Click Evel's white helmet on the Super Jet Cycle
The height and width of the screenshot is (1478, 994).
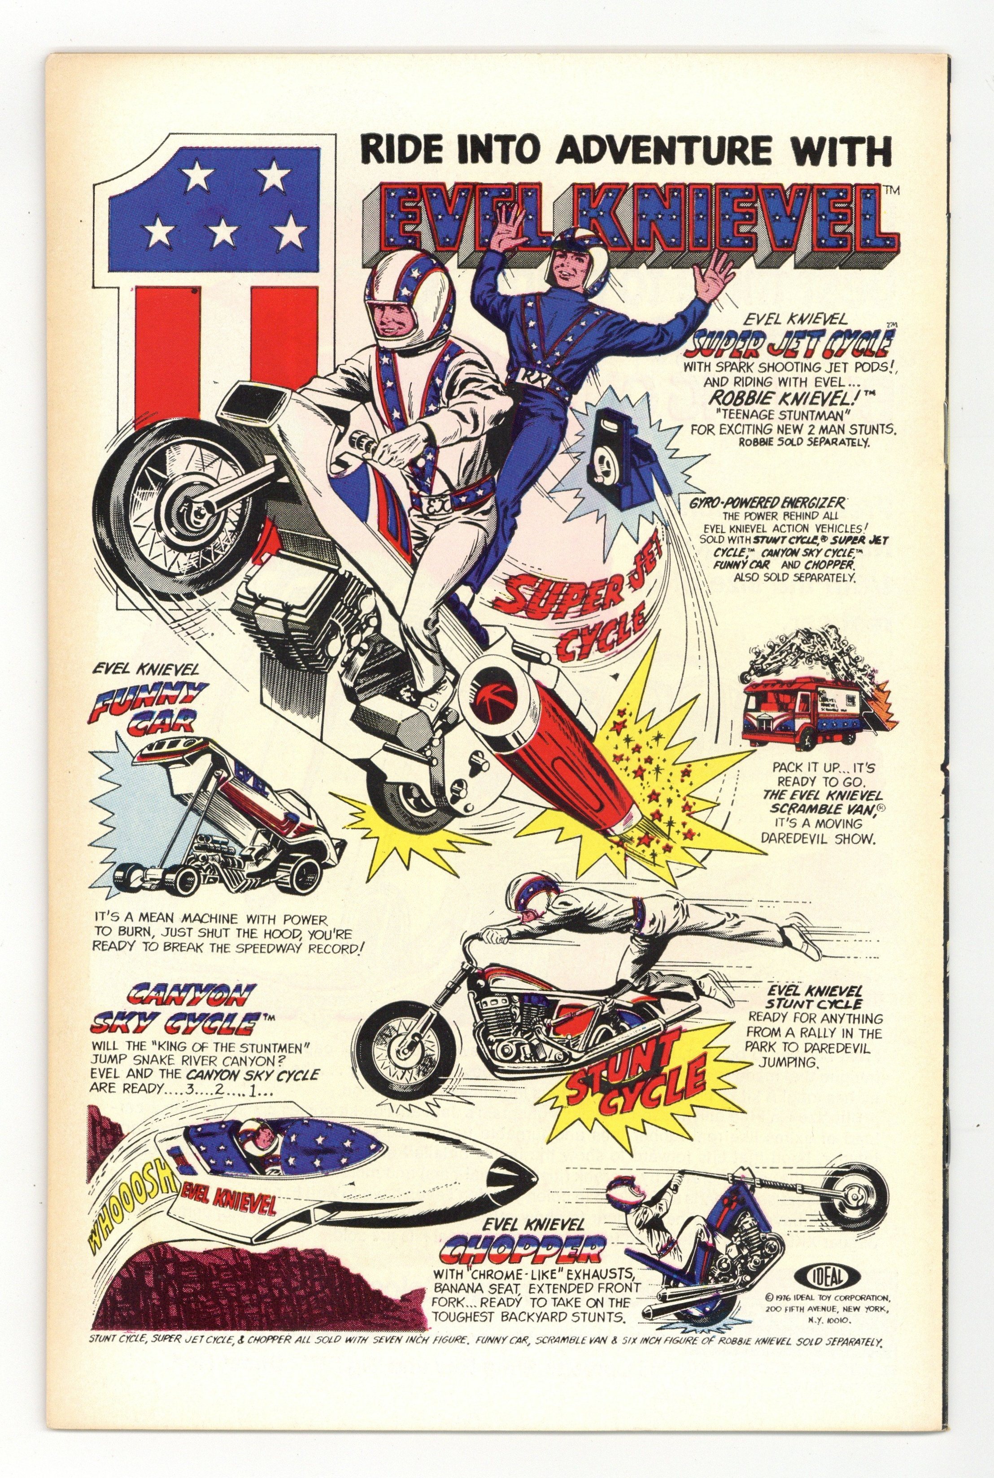[x=413, y=301]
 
